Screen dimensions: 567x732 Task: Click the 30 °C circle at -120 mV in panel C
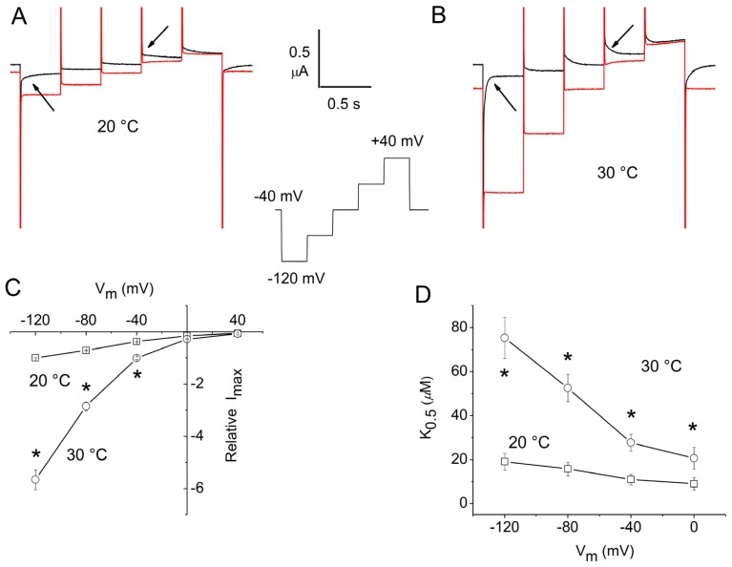coord(36,479)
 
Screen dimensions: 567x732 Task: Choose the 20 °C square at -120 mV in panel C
coord(35,357)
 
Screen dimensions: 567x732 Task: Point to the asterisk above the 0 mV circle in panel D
coord(693,427)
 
